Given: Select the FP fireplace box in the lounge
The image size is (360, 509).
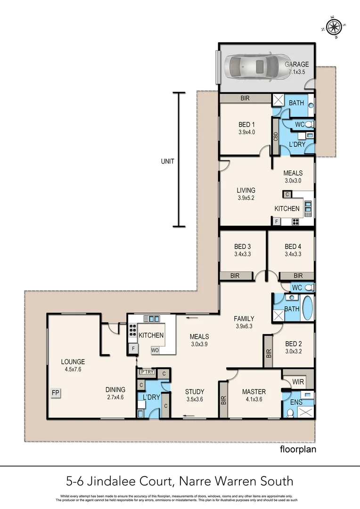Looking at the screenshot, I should tap(56, 393).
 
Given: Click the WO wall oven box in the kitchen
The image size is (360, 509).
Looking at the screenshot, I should tap(155, 350).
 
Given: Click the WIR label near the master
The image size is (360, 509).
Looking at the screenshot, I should tap(298, 381).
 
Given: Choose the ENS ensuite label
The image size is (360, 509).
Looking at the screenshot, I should tap(295, 402).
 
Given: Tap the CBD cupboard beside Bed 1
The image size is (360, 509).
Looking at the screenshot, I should tap(276, 136).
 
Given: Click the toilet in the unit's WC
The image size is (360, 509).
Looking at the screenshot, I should tap(309, 124).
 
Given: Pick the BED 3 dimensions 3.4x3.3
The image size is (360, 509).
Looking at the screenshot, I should tap(242, 254).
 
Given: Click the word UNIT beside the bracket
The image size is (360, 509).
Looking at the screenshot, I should tap(167, 161).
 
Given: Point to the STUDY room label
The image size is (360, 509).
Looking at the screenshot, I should tap(195, 392).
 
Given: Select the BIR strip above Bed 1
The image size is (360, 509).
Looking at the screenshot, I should tap(245, 99).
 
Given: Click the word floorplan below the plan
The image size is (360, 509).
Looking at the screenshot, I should tap(298, 449).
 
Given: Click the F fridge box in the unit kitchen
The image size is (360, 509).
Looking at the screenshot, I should tap(276, 222).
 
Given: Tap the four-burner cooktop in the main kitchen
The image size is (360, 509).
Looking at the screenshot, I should tap(132, 329).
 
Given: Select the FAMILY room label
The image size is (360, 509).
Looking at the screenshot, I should tap(244, 319).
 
